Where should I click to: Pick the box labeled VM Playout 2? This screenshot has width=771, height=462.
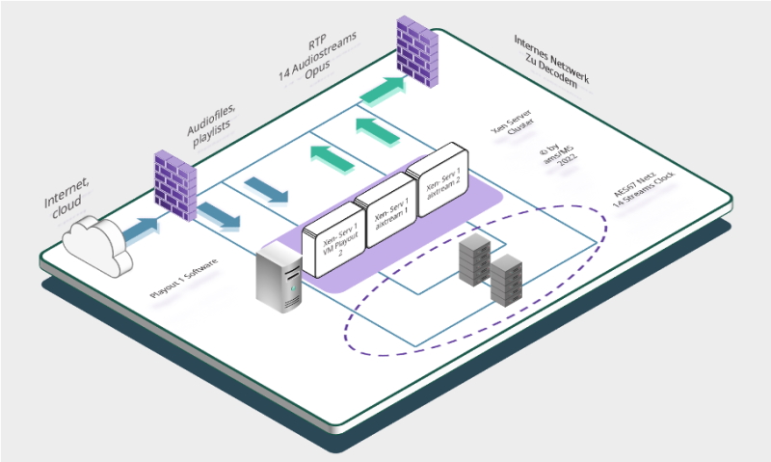[331, 242]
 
